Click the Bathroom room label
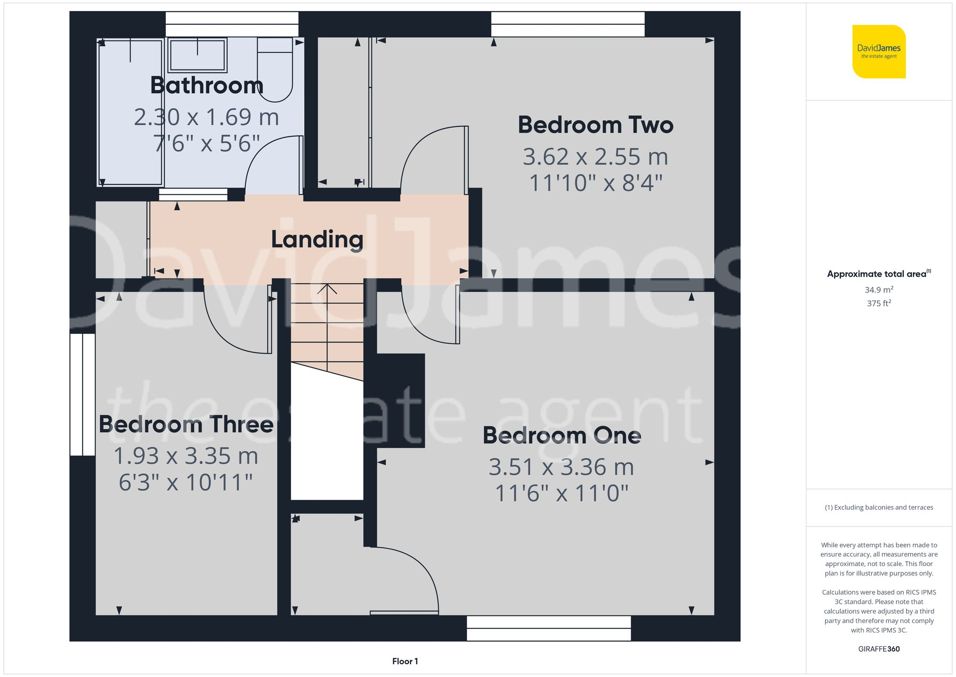coord(206,86)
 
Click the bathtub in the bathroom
coord(130,113)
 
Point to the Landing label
coord(317,239)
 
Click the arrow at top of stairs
coord(327,289)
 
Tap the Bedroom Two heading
coord(595,125)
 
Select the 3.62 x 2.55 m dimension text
coord(595,157)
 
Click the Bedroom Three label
coord(186,424)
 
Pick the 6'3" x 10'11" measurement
coord(186,483)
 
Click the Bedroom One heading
coord(562,435)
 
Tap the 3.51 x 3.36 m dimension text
coord(561,467)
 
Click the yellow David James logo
coord(879,52)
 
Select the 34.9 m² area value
coord(879,290)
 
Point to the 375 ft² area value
coord(879,303)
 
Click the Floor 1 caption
coord(405,661)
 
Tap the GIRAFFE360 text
coord(879,649)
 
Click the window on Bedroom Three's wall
coord(82,394)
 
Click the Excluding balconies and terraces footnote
coord(879,508)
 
